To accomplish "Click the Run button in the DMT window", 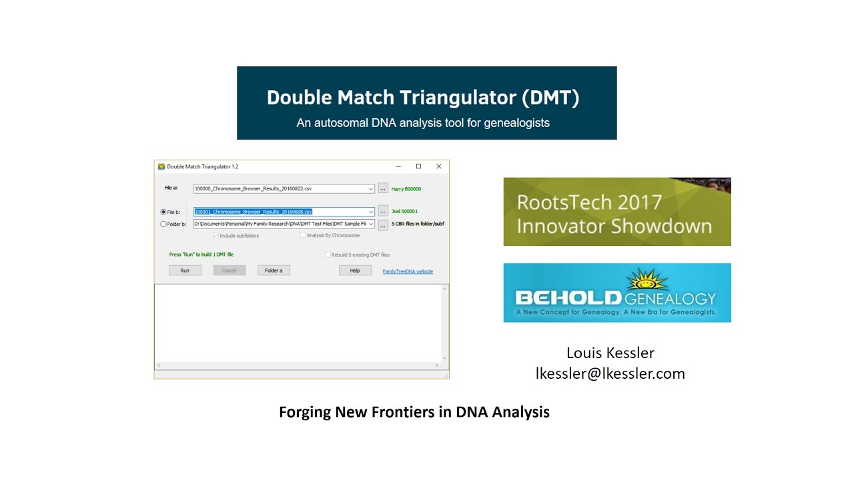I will point(185,271).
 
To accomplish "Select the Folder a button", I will point(274,271).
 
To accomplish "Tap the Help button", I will point(355,271).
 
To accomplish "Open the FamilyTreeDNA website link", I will point(408,271).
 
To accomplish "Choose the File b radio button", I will point(163,212).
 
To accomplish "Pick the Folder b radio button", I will point(163,224).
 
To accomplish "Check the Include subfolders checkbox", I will point(216,236).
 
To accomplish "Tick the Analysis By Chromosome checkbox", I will point(303,236).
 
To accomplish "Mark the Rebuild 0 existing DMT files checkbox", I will point(328,255).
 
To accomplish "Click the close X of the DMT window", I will point(439,166).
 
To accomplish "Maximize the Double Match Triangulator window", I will point(418,166).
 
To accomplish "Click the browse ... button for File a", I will point(383,188).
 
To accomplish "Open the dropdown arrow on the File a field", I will point(371,189).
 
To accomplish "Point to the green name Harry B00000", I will point(406,189).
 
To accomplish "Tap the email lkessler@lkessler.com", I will point(610,373).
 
